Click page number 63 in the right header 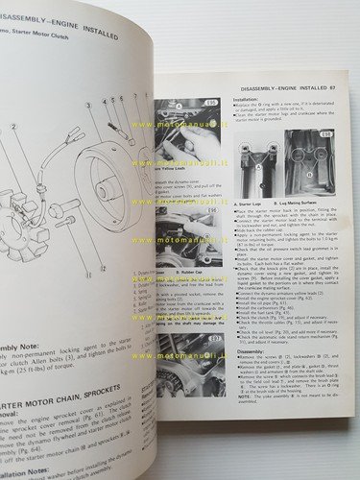[345, 90]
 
